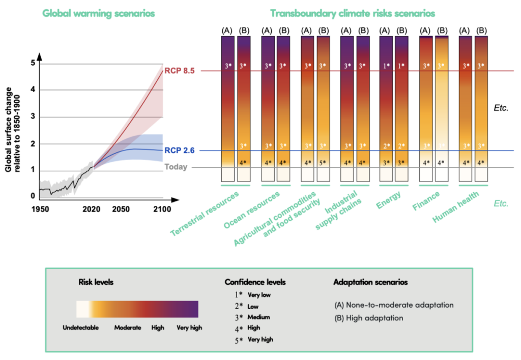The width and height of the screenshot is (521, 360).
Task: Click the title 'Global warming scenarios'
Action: pyautogui.click(x=98, y=13)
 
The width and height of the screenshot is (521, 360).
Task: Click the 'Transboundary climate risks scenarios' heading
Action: pyautogui.click(x=352, y=13)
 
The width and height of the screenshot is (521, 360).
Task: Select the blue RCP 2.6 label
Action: pyautogui.click(x=180, y=151)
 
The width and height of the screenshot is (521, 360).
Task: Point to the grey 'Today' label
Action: pyautogui.click(x=176, y=167)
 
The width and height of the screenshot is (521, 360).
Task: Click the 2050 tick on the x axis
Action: pyautogui.click(x=121, y=209)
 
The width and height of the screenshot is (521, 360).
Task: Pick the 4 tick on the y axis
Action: pyautogui.click(x=33, y=91)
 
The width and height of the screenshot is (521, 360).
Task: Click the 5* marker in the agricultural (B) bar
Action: pyautogui.click(x=323, y=163)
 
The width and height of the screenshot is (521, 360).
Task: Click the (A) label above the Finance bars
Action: pyautogui.click(x=425, y=31)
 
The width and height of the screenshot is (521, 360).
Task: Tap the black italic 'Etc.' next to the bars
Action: pyautogui.click(x=501, y=108)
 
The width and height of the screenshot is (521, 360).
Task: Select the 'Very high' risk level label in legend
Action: pyautogui.click(x=189, y=328)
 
